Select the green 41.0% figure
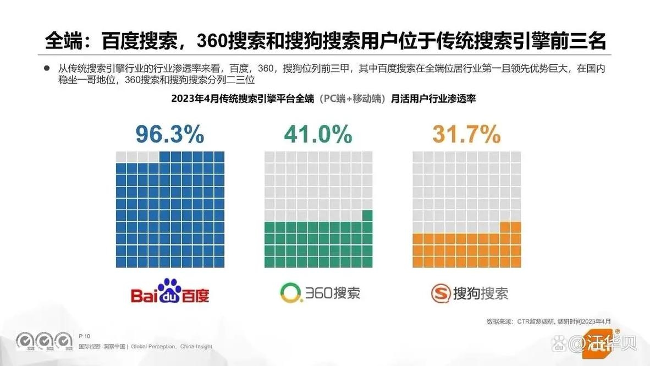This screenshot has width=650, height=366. pyautogui.click(x=318, y=134)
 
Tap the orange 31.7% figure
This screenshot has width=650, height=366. pyautogui.click(x=466, y=134)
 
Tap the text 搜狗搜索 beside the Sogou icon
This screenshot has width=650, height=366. pyautogui.click(x=480, y=293)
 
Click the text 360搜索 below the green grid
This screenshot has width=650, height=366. pyautogui.click(x=334, y=292)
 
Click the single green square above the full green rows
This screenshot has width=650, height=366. pyautogui.click(x=367, y=215)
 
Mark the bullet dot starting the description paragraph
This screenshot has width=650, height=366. pyautogui.click(x=47, y=69)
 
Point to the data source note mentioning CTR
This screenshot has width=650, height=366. pyautogui.click(x=548, y=321)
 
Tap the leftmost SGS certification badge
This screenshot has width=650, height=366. pyautogui.click(x=25, y=341)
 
